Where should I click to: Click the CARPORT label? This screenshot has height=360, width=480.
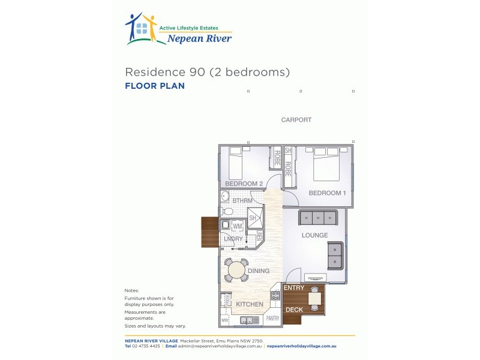click(296, 120)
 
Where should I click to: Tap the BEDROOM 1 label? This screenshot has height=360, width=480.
click(327, 193)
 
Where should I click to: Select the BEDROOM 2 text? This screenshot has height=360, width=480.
click(244, 184)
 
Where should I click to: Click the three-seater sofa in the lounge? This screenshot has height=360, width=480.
click(318, 217)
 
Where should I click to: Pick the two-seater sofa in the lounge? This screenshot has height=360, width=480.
click(335, 256)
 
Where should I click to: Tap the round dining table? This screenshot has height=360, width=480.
click(236, 270)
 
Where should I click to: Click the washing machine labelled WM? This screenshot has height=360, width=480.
click(237, 226)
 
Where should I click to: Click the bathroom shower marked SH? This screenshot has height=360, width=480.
click(253, 217)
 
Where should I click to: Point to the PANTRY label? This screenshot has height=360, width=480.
click(272, 318)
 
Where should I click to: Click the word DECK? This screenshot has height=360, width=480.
click(294, 310)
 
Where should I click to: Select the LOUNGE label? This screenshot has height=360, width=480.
click(314, 236)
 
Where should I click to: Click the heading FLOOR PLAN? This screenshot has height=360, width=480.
click(154, 86)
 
